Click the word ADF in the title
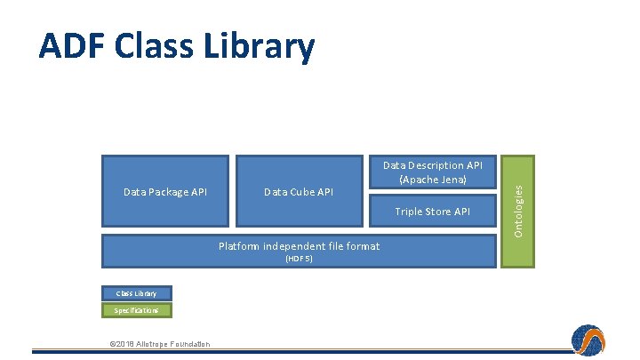tap(71, 45)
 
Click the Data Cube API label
tap(299, 192)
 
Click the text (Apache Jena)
tap(432, 179)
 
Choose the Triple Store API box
tap(432, 212)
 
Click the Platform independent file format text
tap(299, 246)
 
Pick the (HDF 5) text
tap(299, 259)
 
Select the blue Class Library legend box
tap(135, 293)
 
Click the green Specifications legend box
tap(135, 310)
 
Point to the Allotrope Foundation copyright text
tap(159, 344)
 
